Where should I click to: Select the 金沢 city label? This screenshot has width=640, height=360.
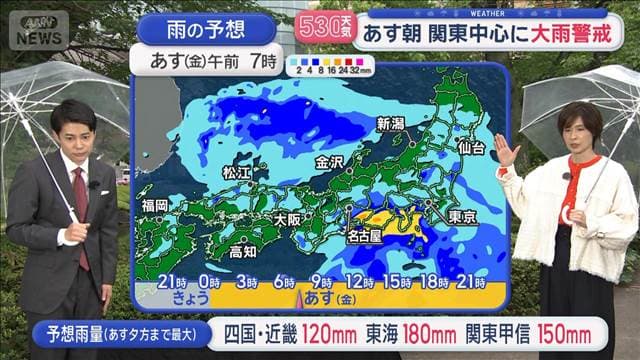[329, 161]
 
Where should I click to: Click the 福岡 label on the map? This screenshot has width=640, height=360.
[155, 205]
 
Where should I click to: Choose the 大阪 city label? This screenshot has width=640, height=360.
[287, 219]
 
